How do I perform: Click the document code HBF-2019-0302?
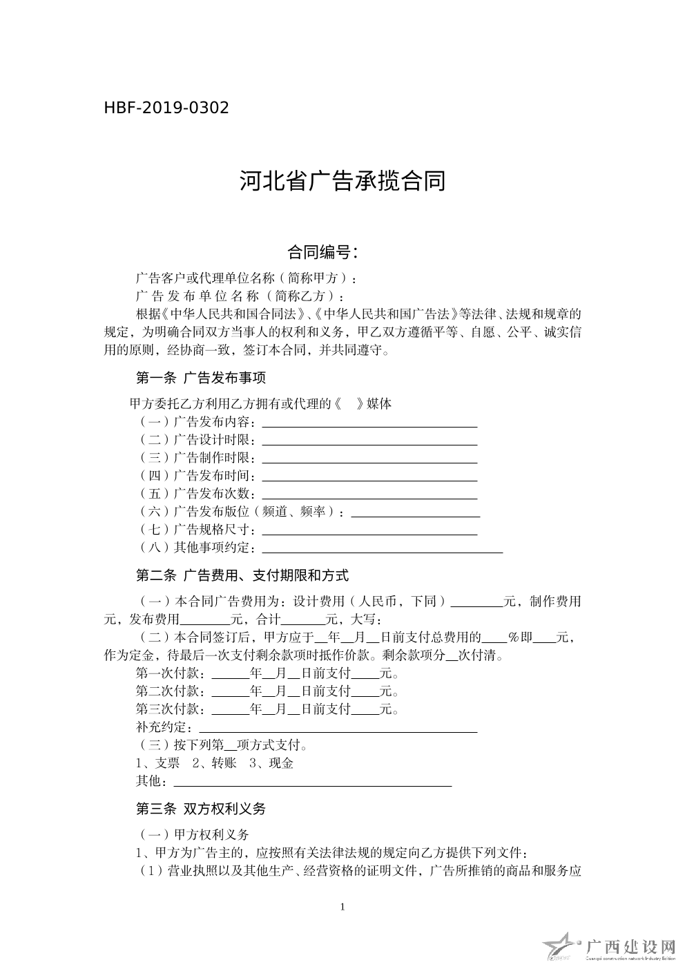click(166, 108)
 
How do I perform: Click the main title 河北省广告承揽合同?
click(342, 181)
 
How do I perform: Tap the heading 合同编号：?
click(323, 252)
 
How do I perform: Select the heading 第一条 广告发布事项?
click(200, 378)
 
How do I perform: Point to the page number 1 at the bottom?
click(342, 907)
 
